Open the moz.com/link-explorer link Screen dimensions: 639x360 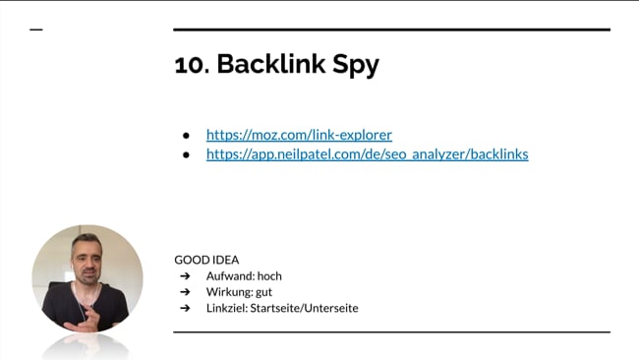[299, 135]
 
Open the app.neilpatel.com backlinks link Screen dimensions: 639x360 [367, 154]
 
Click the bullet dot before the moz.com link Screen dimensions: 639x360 [185, 135]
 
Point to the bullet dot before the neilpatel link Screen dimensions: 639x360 [185, 154]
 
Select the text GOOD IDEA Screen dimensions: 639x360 [206, 260]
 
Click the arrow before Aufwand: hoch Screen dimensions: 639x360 [184, 276]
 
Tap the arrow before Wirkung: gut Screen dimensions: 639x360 [184, 292]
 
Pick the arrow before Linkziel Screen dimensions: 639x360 [184, 308]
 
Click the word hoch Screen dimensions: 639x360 [269, 276]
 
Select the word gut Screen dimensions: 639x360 [262, 292]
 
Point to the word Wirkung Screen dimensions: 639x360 [227, 292]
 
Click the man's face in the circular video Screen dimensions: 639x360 [86, 261]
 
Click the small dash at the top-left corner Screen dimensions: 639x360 [36, 30]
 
